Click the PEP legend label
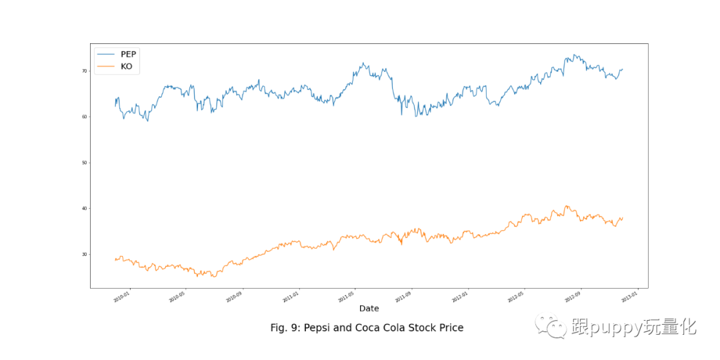pyautogui.click(x=128, y=53)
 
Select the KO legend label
pyautogui.click(x=126, y=66)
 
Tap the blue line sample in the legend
pyautogui.click(x=106, y=53)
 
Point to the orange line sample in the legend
pyautogui.click(x=106, y=66)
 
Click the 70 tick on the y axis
pyautogui.click(x=85, y=71)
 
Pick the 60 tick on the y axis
pyautogui.click(x=85, y=117)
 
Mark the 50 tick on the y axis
pyautogui.click(x=85, y=163)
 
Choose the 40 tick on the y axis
pyautogui.click(x=85, y=209)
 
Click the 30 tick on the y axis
pyautogui.click(x=85, y=255)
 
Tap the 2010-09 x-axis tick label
pyautogui.click(x=235, y=297)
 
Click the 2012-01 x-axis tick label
pyautogui.click(x=459, y=297)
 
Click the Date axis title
pyautogui.click(x=369, y=309)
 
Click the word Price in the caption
pyautogui.click(x=449, y=328)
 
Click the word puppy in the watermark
pyautogui.click(x=613, y=327)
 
